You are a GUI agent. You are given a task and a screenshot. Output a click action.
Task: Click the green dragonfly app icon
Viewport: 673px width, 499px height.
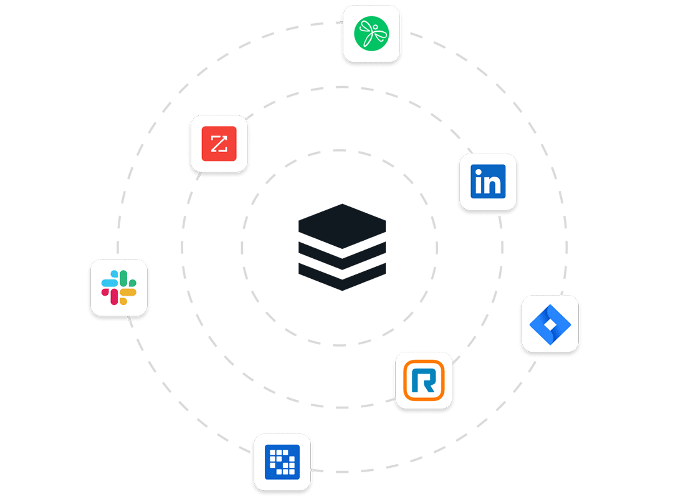(x=371, y=32)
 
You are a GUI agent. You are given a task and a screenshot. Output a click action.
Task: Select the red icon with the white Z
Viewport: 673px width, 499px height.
(x=219, y=143)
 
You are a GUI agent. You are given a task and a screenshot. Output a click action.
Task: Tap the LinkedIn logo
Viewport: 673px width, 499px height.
(x=488, y=182)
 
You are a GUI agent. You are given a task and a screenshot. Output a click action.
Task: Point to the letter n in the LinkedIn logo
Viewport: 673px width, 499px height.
(x=494, y=184)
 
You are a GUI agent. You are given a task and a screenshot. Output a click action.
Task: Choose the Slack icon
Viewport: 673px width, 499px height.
(x=119, y=288)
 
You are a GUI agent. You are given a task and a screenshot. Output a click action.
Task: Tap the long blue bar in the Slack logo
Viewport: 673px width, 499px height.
(x=110, y=283)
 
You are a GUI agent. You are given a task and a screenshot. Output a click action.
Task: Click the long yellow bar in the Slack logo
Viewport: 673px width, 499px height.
(x=128, y=292)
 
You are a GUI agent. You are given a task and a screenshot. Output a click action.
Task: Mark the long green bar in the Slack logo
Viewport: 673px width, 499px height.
(x=123, y=279)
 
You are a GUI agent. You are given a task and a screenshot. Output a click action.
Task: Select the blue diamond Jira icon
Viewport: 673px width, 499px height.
(x=550, y=323)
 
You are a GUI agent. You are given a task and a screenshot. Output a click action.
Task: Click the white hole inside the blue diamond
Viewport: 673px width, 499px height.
(x=550, y=324)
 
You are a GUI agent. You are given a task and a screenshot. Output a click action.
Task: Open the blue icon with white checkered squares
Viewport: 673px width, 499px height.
(x=282, y=462)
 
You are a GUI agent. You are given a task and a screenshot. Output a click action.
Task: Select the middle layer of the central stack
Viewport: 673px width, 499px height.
(x=342, y=255)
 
